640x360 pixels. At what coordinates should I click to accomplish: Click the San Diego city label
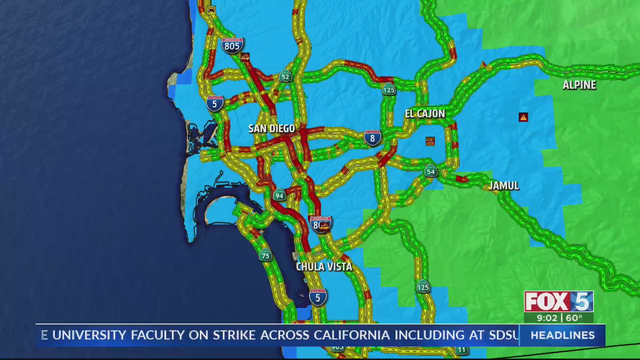271,128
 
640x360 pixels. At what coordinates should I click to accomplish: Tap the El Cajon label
424,114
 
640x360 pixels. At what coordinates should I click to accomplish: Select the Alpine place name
579,85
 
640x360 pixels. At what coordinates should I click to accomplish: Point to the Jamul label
503,186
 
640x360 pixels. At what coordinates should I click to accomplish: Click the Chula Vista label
324,266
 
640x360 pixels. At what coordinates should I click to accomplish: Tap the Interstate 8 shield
372,137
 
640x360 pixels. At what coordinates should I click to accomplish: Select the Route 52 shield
285,76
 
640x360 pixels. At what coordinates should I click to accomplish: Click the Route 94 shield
279,195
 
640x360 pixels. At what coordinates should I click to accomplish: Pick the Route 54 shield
430,171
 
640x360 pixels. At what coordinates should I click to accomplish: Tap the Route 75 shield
265,256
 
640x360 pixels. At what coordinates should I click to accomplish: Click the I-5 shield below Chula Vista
317,297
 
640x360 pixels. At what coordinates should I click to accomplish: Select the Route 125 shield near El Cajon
388,90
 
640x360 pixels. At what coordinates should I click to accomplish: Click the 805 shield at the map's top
232,45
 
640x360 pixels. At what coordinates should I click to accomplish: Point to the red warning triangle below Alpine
523,117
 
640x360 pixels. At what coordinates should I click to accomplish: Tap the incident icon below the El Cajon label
430,141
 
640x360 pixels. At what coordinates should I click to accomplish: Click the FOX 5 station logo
558,301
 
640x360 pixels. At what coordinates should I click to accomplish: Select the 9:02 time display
547,318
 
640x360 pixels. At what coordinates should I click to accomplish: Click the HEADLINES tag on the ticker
562,335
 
